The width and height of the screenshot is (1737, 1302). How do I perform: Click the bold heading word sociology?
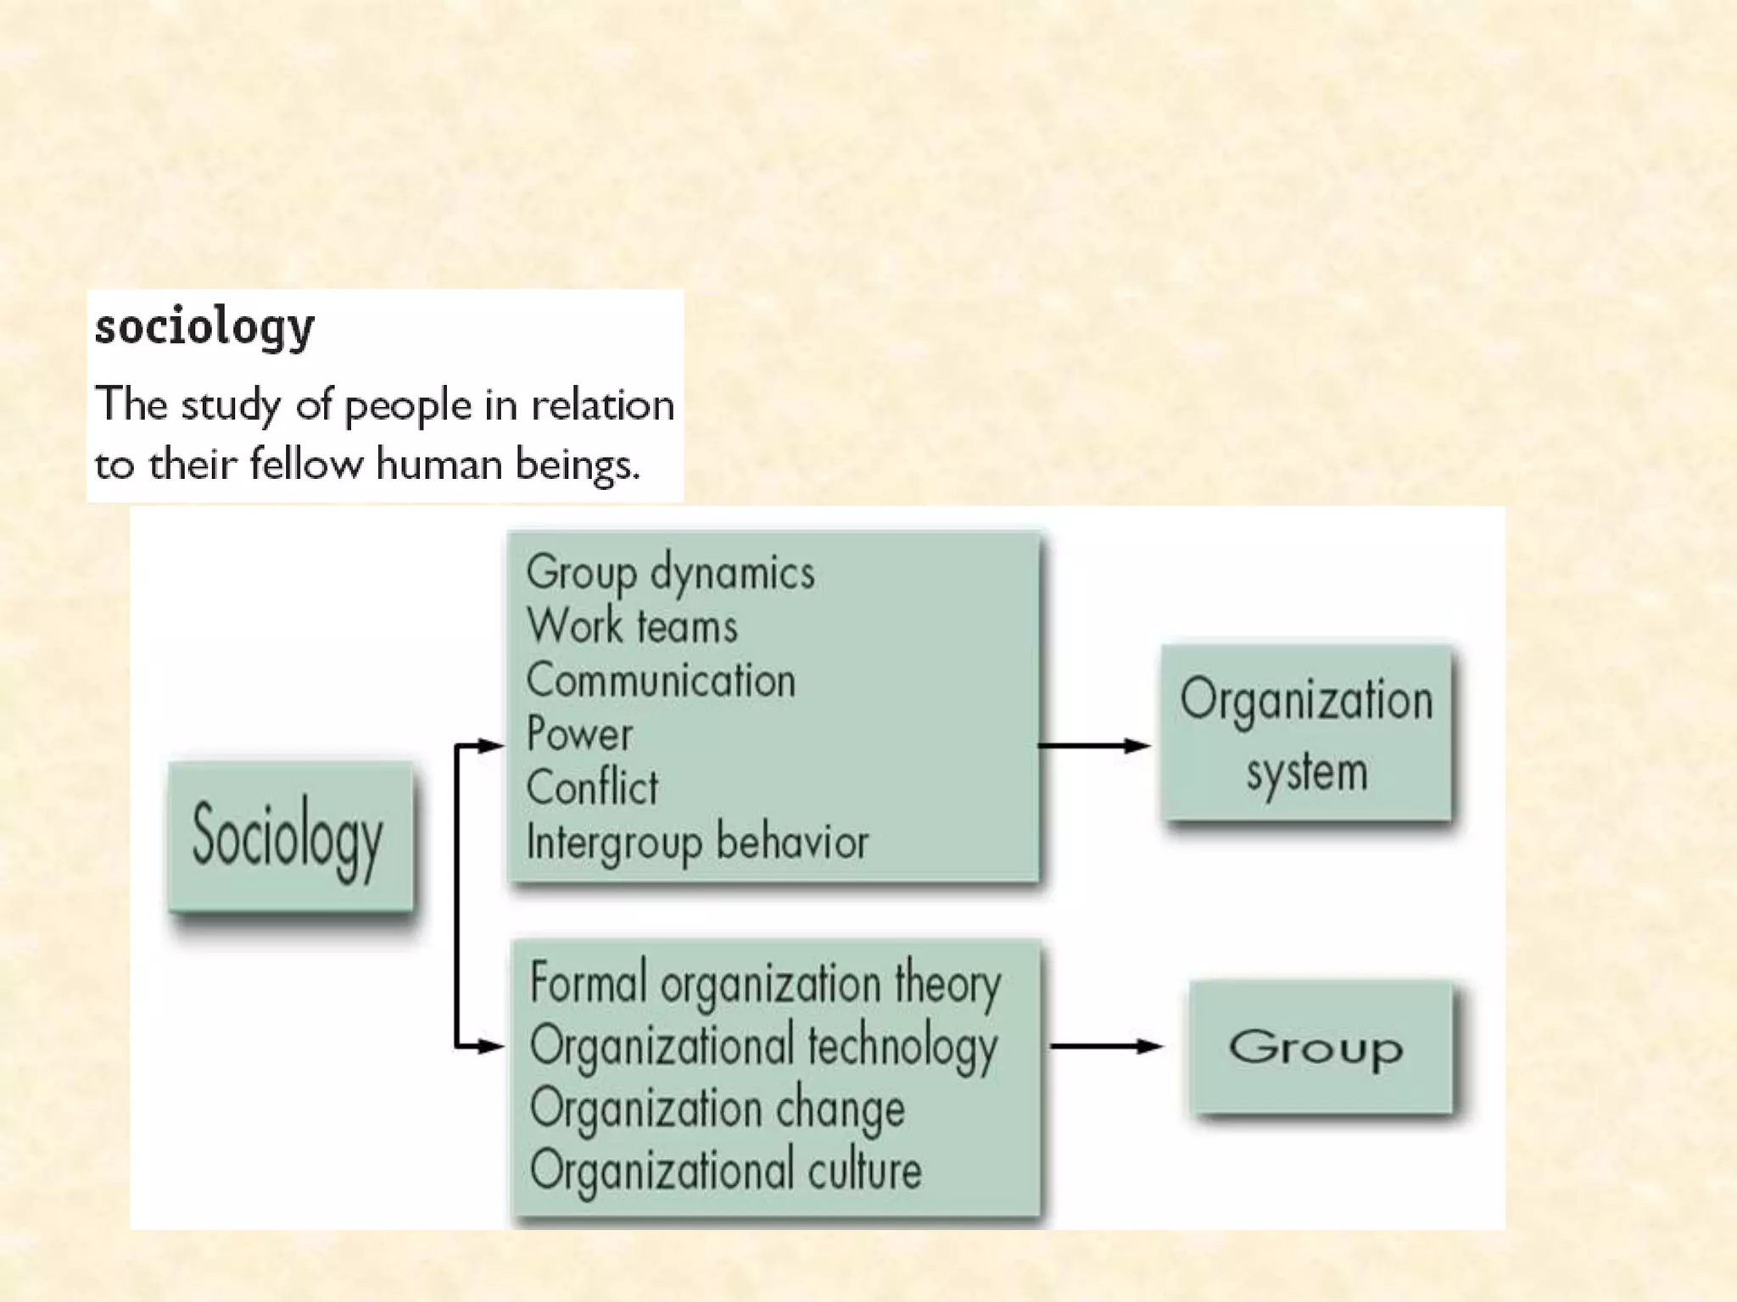pos(204,328)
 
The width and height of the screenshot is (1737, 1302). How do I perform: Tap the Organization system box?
pos(1306,733)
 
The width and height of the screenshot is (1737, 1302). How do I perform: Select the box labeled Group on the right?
pos(1320,1048)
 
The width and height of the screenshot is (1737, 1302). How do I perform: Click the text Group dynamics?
pos(670,573)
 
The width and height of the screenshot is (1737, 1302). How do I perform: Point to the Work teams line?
pos(632,626)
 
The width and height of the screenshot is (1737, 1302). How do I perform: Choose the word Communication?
pos(661,681)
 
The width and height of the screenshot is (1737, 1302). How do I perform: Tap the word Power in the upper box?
pos(579,734)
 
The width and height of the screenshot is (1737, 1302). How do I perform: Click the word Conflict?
pos(592,787)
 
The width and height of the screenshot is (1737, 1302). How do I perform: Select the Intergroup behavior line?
pos(697,843)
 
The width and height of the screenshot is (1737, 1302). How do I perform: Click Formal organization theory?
pos(765,984)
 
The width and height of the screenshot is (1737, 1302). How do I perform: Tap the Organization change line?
pos(718,1109)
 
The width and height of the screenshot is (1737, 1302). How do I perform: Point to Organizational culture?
pos(725,1171)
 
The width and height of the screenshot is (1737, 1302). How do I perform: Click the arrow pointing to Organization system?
pos(1094,746)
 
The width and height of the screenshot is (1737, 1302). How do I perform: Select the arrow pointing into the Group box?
pos(1106,1047)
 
